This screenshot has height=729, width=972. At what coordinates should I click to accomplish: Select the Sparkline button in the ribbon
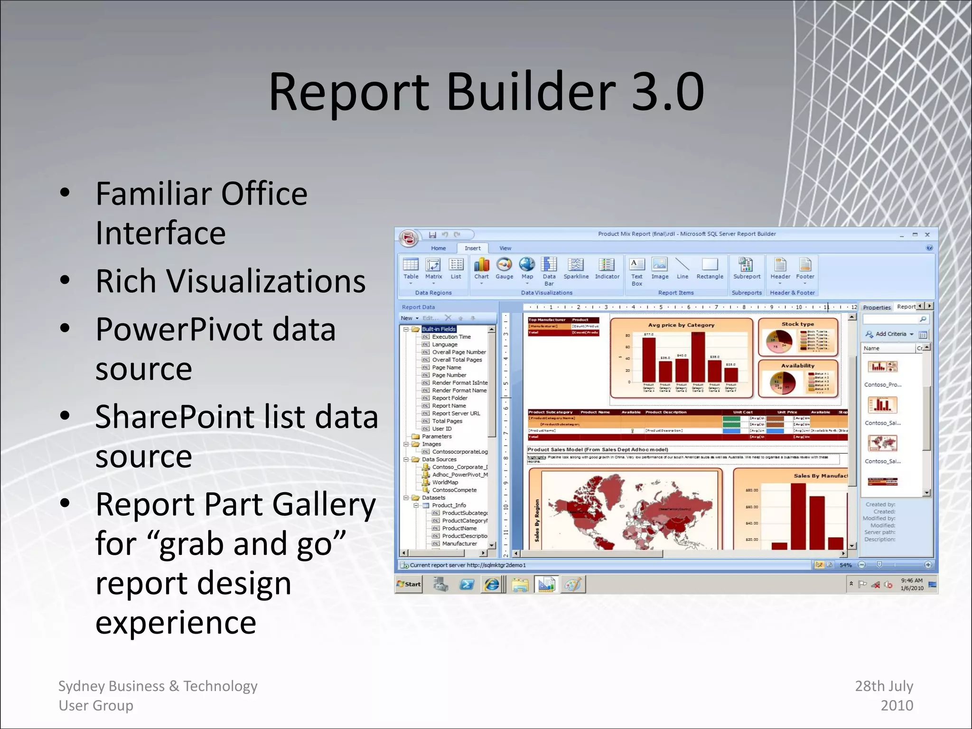[x=576, y=269]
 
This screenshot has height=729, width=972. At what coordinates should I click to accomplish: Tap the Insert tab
[x=472, y=248]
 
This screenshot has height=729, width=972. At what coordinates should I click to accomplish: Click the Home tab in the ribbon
[x=438, y=248]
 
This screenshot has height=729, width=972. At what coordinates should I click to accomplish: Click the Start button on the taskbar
[x=409, y=584]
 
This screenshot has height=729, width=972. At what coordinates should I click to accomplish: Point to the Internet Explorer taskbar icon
[x=492, y=584]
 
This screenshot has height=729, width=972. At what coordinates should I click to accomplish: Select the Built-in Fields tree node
[x=439, y=329]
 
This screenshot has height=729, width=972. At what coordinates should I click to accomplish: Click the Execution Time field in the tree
[x=451, y=337]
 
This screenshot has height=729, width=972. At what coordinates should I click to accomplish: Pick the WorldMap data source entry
[x=445, y=482]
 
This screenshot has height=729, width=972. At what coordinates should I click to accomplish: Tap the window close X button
[x=927, y=234]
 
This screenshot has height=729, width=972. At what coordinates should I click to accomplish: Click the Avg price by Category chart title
[x=681, y=325]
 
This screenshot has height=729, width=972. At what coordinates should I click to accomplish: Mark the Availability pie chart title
[x=797, y=366]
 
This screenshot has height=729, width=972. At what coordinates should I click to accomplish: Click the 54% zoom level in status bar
[x=845, y=565]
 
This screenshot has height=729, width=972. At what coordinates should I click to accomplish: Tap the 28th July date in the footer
[x=884, y=686]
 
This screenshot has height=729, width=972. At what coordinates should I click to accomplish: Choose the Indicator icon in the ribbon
[x=607, y=269]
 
